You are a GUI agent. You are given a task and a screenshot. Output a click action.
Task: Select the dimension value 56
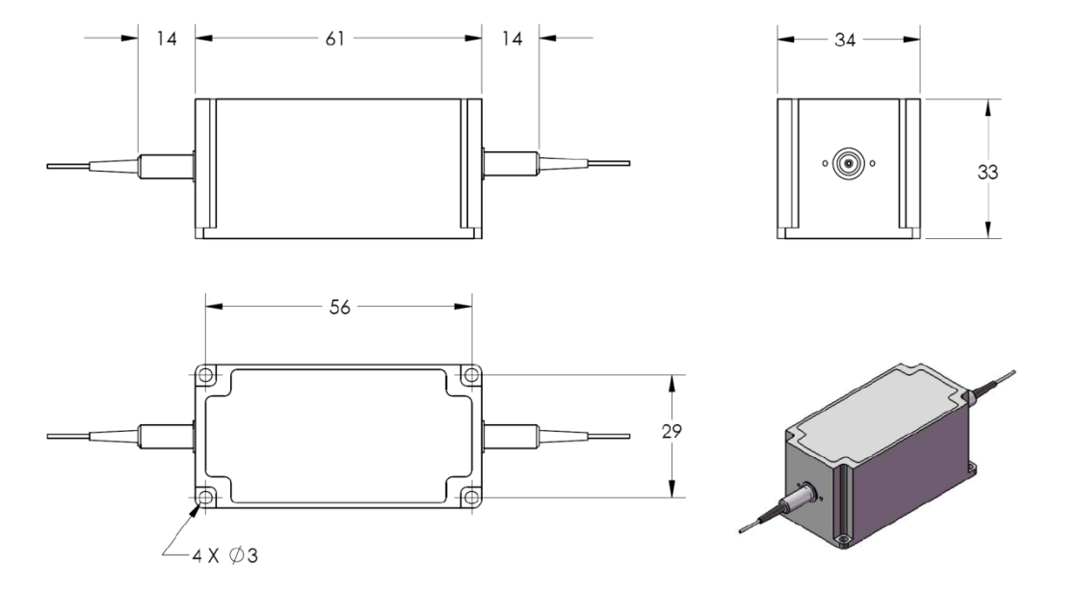(x=338, y=307)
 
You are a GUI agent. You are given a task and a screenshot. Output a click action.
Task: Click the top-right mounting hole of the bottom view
(x=469, y=375)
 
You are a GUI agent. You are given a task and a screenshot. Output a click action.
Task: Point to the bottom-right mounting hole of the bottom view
(x=469, y=497)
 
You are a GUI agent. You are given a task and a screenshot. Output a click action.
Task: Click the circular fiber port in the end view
(x=849, y=164)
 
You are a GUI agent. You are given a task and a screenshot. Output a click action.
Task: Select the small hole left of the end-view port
(x=826, y=164)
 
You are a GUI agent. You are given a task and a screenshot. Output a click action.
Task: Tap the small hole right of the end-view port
(x=872, y=164)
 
